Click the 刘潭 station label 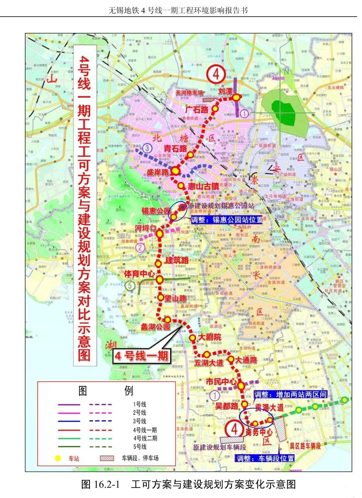click(x=225, y=91)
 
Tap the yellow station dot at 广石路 click(x=215, y=108)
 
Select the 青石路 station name click(x=175, y=148)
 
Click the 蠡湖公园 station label click(x=155, y=327)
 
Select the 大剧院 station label click(x=210, y=338)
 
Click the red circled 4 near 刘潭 click(x=216, y=74)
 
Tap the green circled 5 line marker click(x=129, y=286)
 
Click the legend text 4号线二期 click(x=146, y=438)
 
